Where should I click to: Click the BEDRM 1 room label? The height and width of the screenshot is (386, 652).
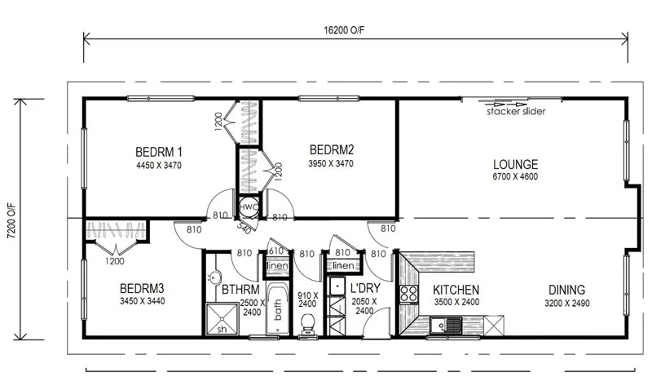158,151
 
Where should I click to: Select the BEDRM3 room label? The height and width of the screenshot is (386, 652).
142,289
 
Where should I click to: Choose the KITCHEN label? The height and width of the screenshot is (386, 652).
456,290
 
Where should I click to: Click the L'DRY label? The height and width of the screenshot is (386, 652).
367,290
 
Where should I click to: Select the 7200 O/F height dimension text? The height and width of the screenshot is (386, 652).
11,218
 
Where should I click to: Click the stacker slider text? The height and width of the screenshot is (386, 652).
516,112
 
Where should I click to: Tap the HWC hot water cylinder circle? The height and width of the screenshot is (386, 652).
247,207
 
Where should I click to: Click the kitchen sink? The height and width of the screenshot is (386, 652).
449,327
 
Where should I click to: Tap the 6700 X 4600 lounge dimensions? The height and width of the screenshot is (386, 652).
515,177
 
